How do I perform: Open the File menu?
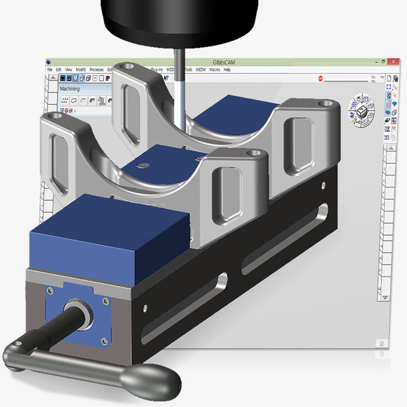pos(50,70)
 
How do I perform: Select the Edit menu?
pos(58,70)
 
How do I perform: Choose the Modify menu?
pos(81,70)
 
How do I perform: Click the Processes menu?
pos(96,70)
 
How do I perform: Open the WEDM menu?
pos(201,70)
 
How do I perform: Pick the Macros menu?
pos(215,70)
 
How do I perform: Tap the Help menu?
pos(227,70)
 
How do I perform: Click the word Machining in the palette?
pos(71,89)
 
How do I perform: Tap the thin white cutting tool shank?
pos(180,90)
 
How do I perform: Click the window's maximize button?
pos(383,62)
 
